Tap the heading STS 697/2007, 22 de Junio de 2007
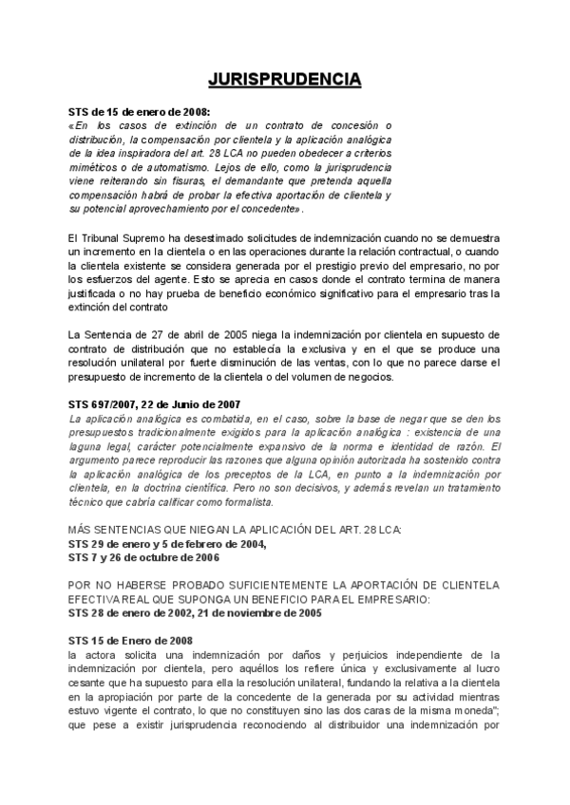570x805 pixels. tap(155, 404)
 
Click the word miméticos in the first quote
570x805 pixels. tap(93, 166)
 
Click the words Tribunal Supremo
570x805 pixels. tap(122, 235)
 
